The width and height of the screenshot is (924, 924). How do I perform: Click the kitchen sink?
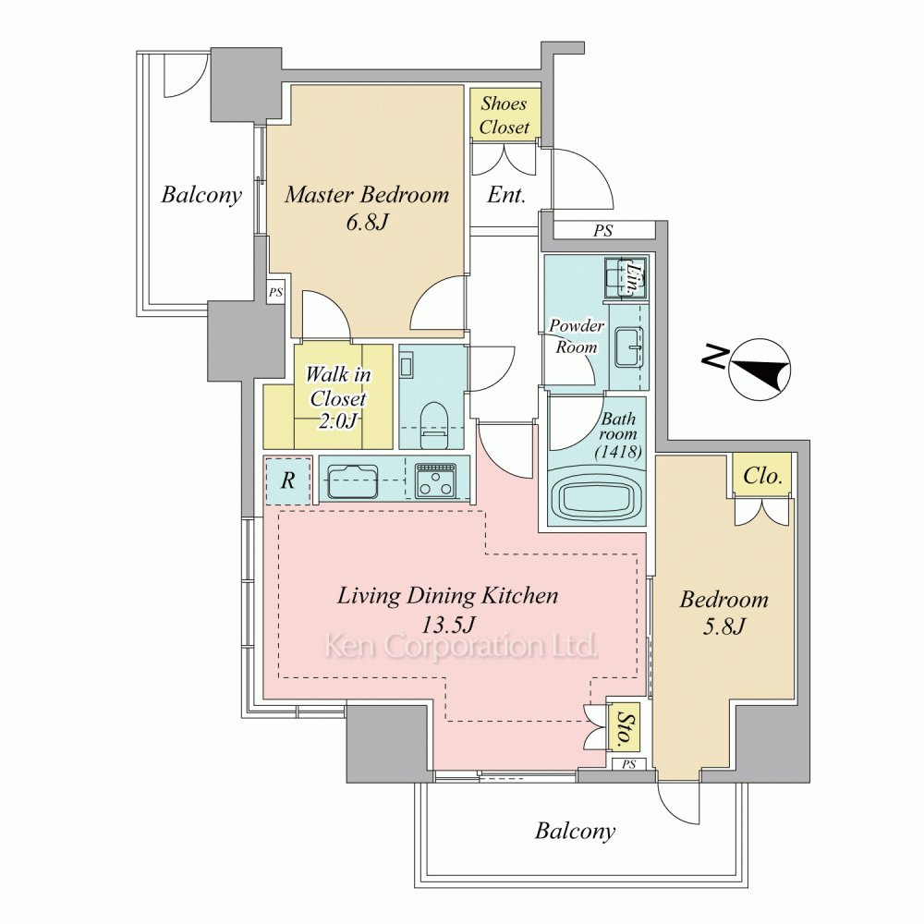pyautogui.click(x=352, y=480)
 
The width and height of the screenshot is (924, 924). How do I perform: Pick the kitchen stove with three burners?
pyautogui.click(x=435, y=480)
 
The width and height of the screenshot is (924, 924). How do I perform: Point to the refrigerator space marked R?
pyautogui.click(x=287, y=480)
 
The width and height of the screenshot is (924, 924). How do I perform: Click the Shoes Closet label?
pyautogui.click(x=504, y=115)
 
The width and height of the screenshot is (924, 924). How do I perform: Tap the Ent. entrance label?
pyautogui.click(x=506, y=194)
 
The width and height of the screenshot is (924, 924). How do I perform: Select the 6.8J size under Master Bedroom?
pyautogui.click(x=367, y=222)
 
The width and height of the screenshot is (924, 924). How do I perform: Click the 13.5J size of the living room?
pyautogui.click(x=448, y=624)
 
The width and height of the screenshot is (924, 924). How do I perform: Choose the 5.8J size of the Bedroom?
pyautogui.click(x=724, y=626)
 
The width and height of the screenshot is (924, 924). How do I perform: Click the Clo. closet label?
pyautogui.click(x=762, y=475)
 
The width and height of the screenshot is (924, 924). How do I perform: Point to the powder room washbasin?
pyautogui.click(x=628, y=347)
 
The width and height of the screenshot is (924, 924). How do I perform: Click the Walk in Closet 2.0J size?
pyautogui.click(x=337, y=420)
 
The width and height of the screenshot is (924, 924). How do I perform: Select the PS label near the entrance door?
pyautogui.click(x=602, y=230)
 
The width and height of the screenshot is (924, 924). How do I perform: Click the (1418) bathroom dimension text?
pyautogui.click(x=617, y=452)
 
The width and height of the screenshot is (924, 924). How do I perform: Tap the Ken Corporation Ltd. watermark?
pyautogui.click(x=461, y=647)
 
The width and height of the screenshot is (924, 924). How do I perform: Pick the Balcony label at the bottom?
pyautogui.click(x=575, y=831)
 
